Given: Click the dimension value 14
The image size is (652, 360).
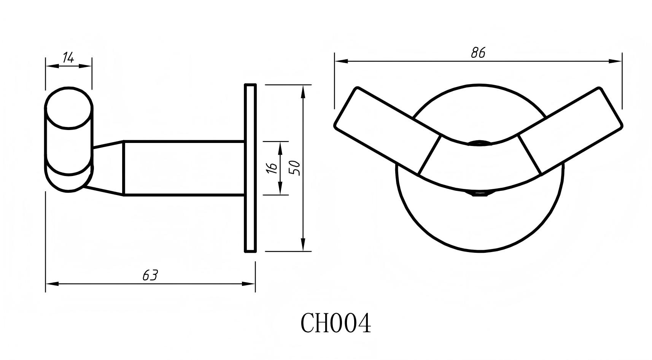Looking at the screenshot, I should pyautogui.click(x=68, y=57).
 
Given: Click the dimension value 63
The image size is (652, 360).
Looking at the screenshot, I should pyautogui.click(x=150, y=275).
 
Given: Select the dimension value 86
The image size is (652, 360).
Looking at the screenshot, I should pyautogui.click(x=478, y=52).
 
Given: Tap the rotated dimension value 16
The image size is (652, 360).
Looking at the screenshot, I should pyautogui.click(x=272, y=168).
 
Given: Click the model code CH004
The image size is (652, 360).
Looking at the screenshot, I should pyautogui.click(x=336, y=324).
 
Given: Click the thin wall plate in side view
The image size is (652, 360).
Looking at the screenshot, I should pyautogui.click(x=250, y=168).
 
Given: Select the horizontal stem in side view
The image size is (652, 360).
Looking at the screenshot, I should pyautogui.click(x=184, y=168).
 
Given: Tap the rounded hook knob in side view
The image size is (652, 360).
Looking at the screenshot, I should pyautogui.click(x=69, y=139).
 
